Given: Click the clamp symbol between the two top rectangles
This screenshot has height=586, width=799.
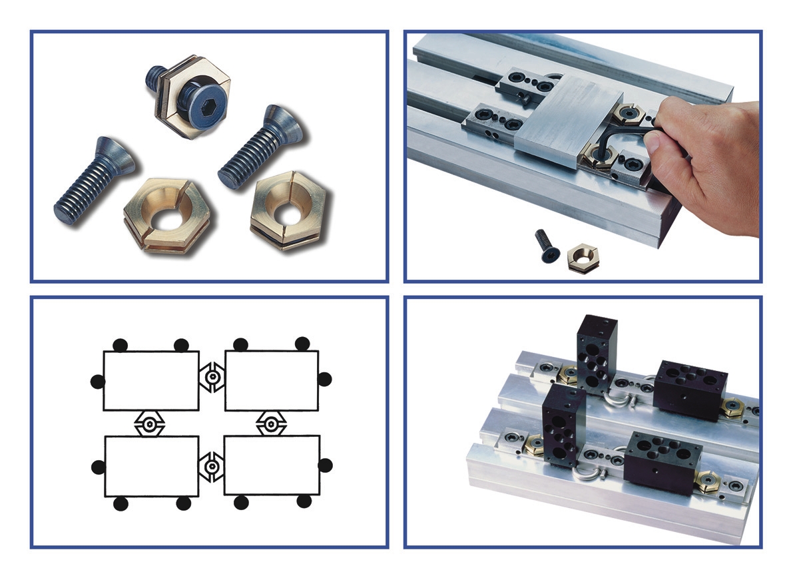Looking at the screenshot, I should coord(212,378).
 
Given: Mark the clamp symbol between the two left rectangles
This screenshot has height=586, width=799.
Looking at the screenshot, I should coord(150,423).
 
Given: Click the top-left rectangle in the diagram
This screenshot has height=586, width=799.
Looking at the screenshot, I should coord(151,380).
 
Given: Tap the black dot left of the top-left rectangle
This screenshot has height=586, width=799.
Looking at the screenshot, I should coord(97,382).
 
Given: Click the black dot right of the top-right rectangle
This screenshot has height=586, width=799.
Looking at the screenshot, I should coord(324,379).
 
